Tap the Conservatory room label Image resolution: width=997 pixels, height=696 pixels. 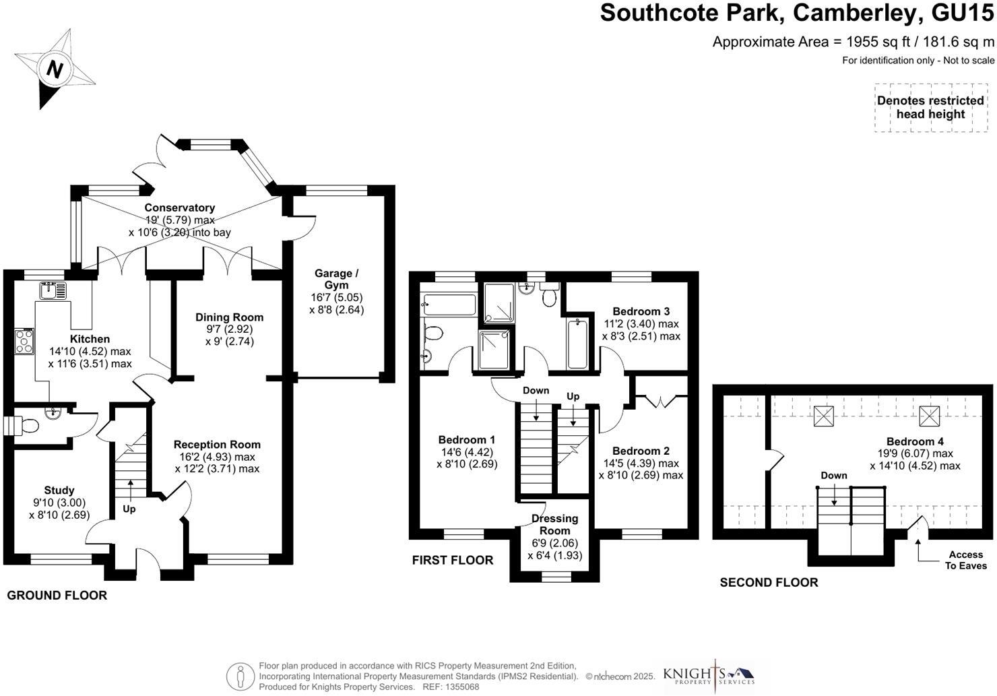(179, 208)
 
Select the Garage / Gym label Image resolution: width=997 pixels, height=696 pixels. (336, 279)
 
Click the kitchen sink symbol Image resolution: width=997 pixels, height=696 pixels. (52, 291)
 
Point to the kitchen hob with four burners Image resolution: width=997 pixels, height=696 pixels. (24, 341)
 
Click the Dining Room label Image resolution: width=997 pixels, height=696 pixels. (229, 317)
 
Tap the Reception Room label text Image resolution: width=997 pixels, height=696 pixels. (217, 445)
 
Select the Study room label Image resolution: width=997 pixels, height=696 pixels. (59, 491)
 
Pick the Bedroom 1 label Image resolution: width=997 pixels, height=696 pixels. (467, 439)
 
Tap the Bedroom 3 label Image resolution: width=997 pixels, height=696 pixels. (641, 311)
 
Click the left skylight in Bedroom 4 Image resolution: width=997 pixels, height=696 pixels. (823, 416)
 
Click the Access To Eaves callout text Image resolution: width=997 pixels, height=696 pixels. (965, 560)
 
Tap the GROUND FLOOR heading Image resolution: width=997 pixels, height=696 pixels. (57, 596)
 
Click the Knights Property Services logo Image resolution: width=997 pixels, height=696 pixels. (709, 675)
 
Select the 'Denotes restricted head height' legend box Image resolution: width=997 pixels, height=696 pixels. (930, 108)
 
